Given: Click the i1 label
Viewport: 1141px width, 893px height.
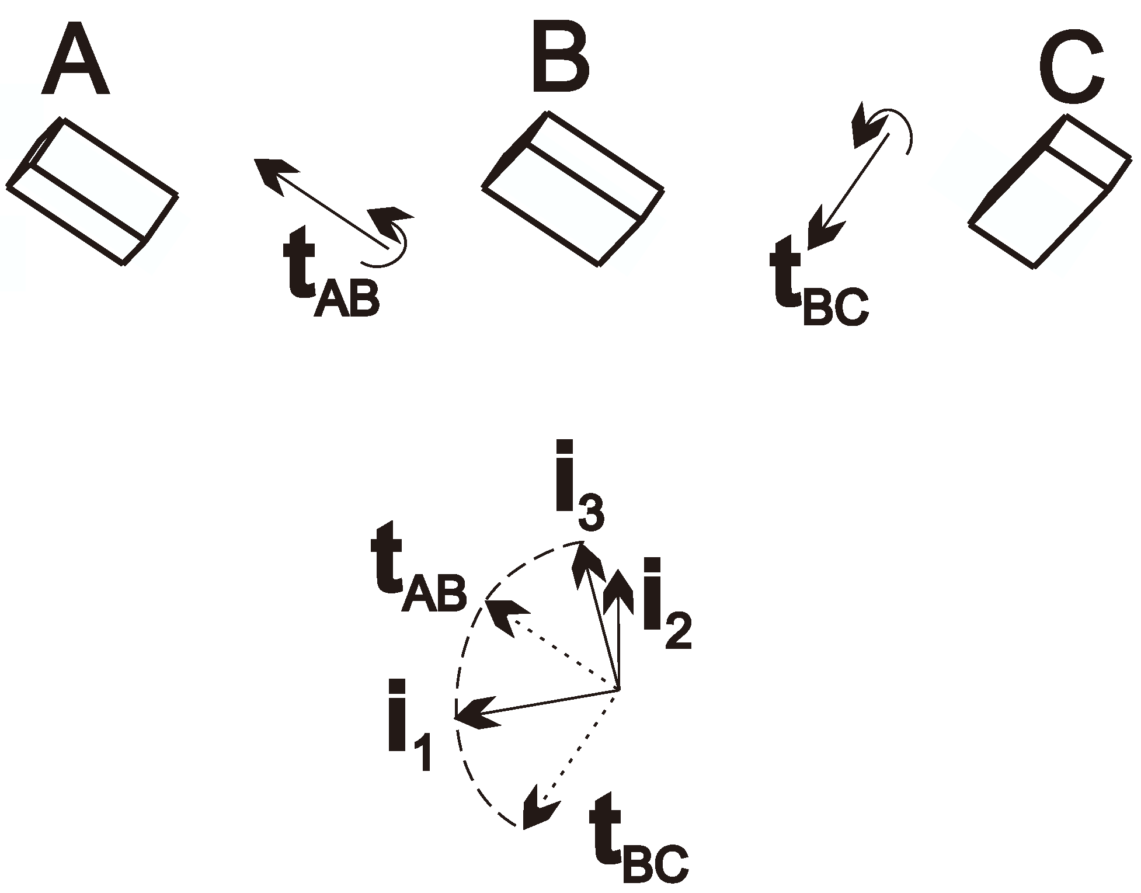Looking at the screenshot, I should click(409, 724).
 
